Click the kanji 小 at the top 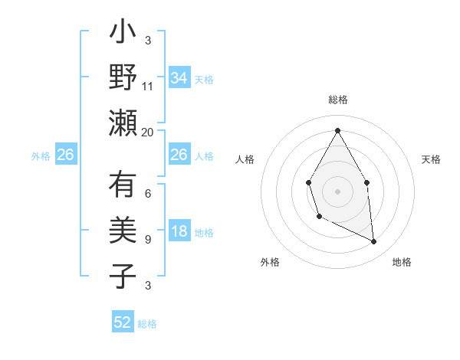pos(123,36)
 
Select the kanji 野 pos(123,78)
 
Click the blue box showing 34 pos(179,77)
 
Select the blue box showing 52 pos(123,322)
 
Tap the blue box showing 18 pos(179,232)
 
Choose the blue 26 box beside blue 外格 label pos(65,155)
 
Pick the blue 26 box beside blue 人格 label pos(179,155)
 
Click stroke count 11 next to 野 pos(148,86)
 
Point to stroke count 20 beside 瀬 pos(148,132)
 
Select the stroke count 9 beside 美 pos(148,240)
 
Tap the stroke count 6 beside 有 pos(148,194)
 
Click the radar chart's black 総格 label pos(337,100)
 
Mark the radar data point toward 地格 pos(374,242)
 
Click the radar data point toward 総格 pos(337,129)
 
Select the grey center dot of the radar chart pos(337,191)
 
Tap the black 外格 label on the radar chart pos(270,262)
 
